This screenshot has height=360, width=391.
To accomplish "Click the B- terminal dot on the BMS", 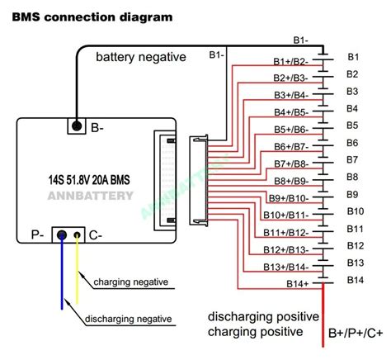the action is [x=77, y=126].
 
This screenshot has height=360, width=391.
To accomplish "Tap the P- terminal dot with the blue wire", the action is [x=62, y=235].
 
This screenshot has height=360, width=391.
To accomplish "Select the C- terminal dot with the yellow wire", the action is [x=78, y=235].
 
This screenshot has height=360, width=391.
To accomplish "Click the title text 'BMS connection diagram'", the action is [x=92, y=17].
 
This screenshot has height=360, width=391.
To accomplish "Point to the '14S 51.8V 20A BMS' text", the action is [x=89, y=180].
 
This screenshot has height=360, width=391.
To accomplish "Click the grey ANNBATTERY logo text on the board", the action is [x=91, y=196].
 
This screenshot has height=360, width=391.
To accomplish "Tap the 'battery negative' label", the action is [x=141, y=57].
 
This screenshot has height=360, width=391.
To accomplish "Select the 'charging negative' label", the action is [x=131, y=282].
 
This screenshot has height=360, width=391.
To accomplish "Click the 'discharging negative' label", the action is [x=129, y=319].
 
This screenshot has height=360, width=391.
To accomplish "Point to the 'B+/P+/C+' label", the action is [x=356, y=334].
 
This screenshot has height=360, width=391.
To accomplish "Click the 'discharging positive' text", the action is [x=263, y=317].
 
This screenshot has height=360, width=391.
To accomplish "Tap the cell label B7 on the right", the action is [x=352, y=159].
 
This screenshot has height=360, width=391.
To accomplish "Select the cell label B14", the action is [x=356, y=280].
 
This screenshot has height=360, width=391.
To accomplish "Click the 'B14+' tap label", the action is [x=297, y=284].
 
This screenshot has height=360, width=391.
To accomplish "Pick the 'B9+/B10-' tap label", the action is [x=289, y=198].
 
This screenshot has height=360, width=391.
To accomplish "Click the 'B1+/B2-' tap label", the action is [x=291, y=62].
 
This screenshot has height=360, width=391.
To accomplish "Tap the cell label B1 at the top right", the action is [x=353, y=57].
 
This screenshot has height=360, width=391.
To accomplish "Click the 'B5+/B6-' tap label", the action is [x=291, y=130].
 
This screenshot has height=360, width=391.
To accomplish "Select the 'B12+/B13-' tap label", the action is [x=286, y=250].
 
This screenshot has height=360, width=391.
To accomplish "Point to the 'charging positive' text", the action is [x=256, y=332].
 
